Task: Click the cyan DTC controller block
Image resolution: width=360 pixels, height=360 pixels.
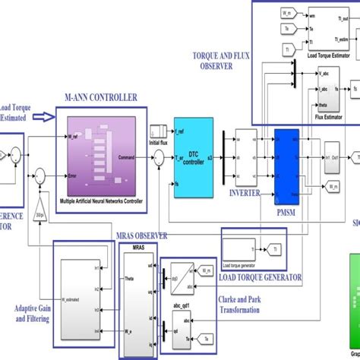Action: tap(193, 156)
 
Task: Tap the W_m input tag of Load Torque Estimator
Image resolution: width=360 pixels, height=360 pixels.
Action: tap(289, 12)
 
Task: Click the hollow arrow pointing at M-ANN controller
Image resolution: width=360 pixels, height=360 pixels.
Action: tap(46, 116)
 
